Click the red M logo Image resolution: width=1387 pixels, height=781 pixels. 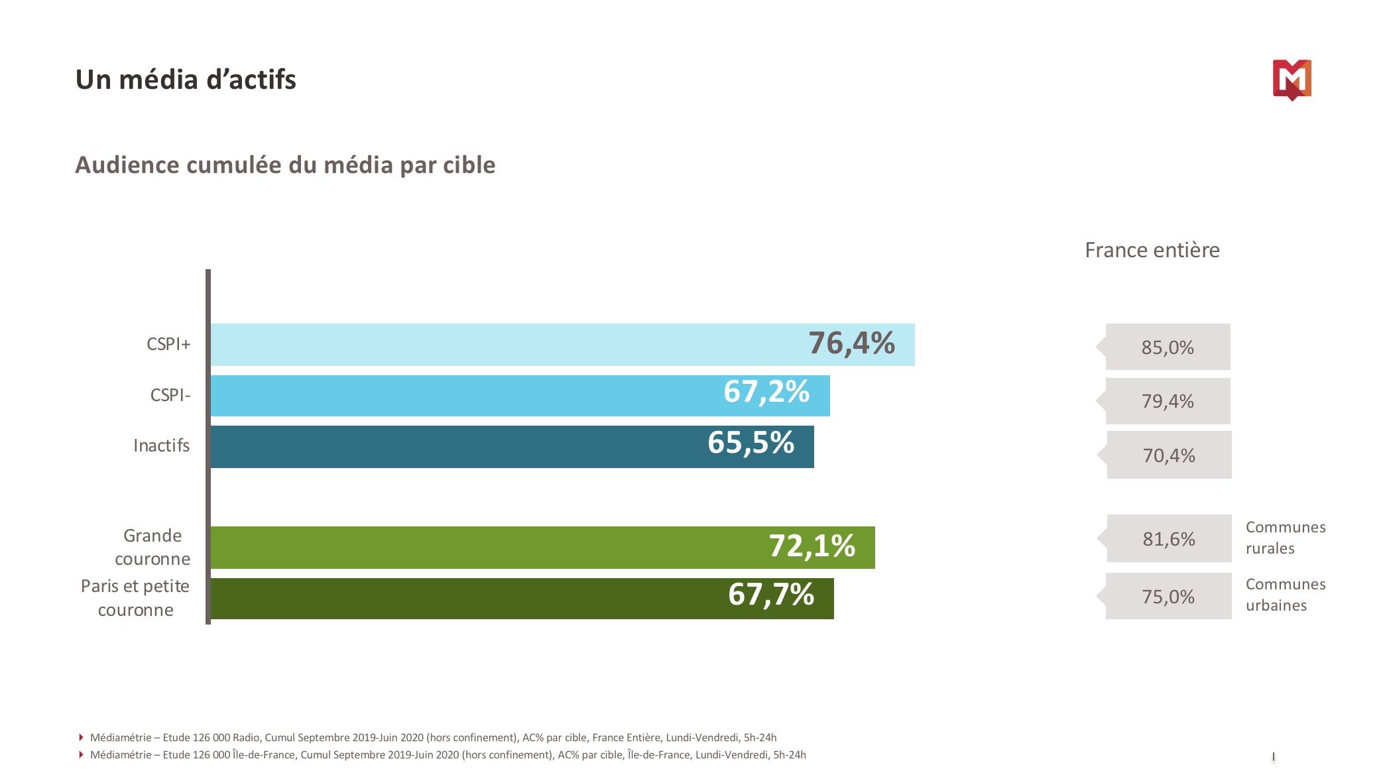tap(1292, 80)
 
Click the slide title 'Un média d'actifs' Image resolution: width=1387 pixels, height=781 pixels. tap(186, 80)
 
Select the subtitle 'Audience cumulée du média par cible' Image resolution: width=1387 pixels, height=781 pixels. tap(285, 165)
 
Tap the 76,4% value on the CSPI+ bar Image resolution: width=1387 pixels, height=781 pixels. tap(851, 343)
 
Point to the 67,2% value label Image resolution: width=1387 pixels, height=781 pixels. tap(766, 392)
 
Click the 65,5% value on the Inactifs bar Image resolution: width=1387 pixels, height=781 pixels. tap(751, 443)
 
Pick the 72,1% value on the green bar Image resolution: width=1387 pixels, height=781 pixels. tap(812, 546)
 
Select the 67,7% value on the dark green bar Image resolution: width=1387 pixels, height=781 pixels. tap(771, 595)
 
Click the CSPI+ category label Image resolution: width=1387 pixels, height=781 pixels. tap(168, 344)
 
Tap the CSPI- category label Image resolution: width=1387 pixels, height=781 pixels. tap(170, 395)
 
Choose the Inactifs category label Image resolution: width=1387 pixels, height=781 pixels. tap(161, 446)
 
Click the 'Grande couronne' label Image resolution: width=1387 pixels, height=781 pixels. tap(152, 547)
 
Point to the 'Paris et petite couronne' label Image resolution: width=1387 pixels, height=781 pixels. tap(135, 598)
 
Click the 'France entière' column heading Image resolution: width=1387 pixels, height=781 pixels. tap(1152, 250)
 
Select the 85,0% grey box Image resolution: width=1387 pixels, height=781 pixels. tap(1168, 347)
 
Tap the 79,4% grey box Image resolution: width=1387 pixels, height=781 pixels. tap(1168, 401)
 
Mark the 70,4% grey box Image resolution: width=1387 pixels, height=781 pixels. tap(1169, 455)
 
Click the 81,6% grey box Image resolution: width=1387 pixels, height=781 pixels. tap(1169, 539)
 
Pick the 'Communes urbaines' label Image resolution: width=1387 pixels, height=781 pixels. tap(1285, 595)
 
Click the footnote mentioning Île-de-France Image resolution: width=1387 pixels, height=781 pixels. tap(448, 755)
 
